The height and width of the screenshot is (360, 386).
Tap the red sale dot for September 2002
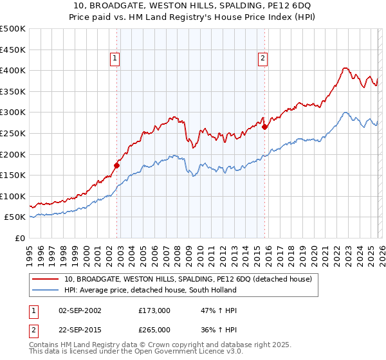point(116,165)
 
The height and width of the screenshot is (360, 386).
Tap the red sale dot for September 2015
point(265,127)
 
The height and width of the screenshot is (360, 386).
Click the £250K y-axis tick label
point(12,133)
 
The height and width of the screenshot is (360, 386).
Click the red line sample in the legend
point(46,279)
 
